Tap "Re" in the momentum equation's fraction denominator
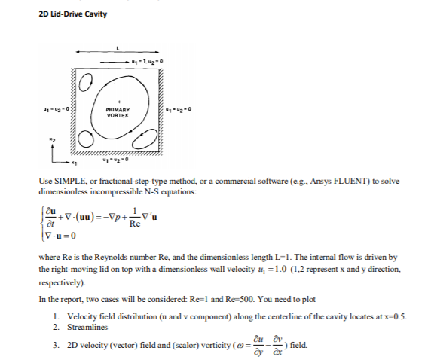[x=135, y=225]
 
